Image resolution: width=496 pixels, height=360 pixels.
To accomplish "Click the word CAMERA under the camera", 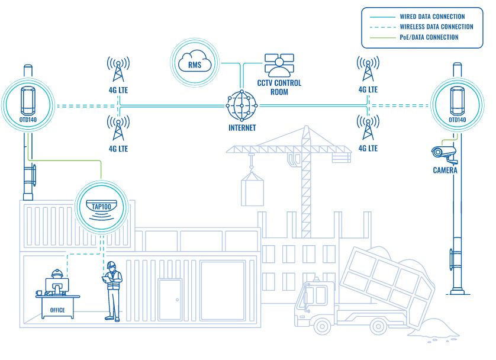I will [x=445, y=170].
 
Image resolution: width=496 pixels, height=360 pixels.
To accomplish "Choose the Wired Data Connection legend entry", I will [x=432, y=17].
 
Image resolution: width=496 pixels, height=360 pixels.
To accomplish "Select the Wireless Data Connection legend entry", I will [x=436, y=27].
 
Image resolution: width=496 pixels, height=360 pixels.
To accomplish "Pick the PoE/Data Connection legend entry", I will [x=429, y=37].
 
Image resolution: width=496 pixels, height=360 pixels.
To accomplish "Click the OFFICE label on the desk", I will [x=57, y=310].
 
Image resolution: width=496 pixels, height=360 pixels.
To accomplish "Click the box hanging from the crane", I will [x=252, y=190].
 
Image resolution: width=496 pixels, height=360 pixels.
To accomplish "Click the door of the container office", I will [x=170, y=300].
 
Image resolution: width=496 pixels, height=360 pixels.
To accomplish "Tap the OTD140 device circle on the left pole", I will [x=27, y=106].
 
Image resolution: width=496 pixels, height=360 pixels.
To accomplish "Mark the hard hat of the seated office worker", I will [x=57, y=273].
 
